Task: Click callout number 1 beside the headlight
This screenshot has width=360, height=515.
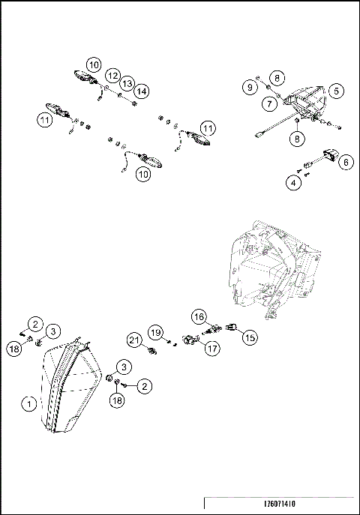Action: pos(29,403)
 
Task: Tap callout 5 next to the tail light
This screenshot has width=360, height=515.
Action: pos(337,91)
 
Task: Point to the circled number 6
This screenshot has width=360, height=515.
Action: pos(345,161)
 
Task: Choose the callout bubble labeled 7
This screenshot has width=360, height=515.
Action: pos(268,103)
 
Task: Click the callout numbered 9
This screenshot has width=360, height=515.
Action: pos(250,88)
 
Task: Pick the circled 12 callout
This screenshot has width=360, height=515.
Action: pos(112,76)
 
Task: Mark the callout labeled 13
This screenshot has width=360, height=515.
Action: pos(127,82)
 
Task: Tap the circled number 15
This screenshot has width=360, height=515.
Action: pos(250,337)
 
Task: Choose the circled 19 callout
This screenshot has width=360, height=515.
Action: pos(154,332)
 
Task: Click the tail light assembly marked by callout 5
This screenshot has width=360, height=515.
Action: pos(306,105)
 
